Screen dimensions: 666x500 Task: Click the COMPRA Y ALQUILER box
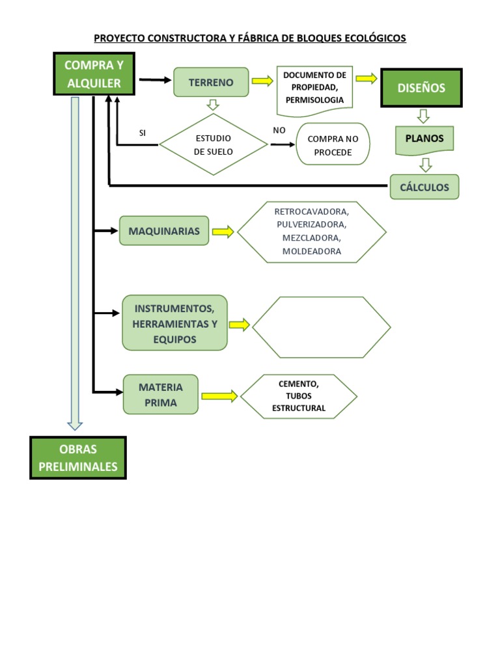click(94, 74)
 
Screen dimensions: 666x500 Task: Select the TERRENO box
click(211, 82)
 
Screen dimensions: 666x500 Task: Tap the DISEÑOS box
click(422, 87)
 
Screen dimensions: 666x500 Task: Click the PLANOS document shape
click(424, 139)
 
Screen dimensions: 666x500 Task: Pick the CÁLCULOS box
click(424, 187)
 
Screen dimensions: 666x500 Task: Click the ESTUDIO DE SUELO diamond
click(214, 144)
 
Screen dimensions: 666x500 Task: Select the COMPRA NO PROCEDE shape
click(333, 146)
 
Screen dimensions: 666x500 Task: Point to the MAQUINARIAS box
click(164, 231)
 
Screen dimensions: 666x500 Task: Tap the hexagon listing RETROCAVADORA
click(311, 232)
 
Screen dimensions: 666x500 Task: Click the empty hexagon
click(322, 327)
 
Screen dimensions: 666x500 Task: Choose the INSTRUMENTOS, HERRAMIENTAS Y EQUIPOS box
click(174, 323)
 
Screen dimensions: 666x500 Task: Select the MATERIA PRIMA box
click(161, 395)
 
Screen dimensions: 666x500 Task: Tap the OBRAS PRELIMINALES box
click(78, 458)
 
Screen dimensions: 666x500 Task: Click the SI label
click(143, 133)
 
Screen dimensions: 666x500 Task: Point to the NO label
click(279, 130)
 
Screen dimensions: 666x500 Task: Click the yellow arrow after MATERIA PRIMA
click(219, 395)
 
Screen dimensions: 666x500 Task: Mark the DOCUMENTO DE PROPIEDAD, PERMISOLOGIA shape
click(314, 87)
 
